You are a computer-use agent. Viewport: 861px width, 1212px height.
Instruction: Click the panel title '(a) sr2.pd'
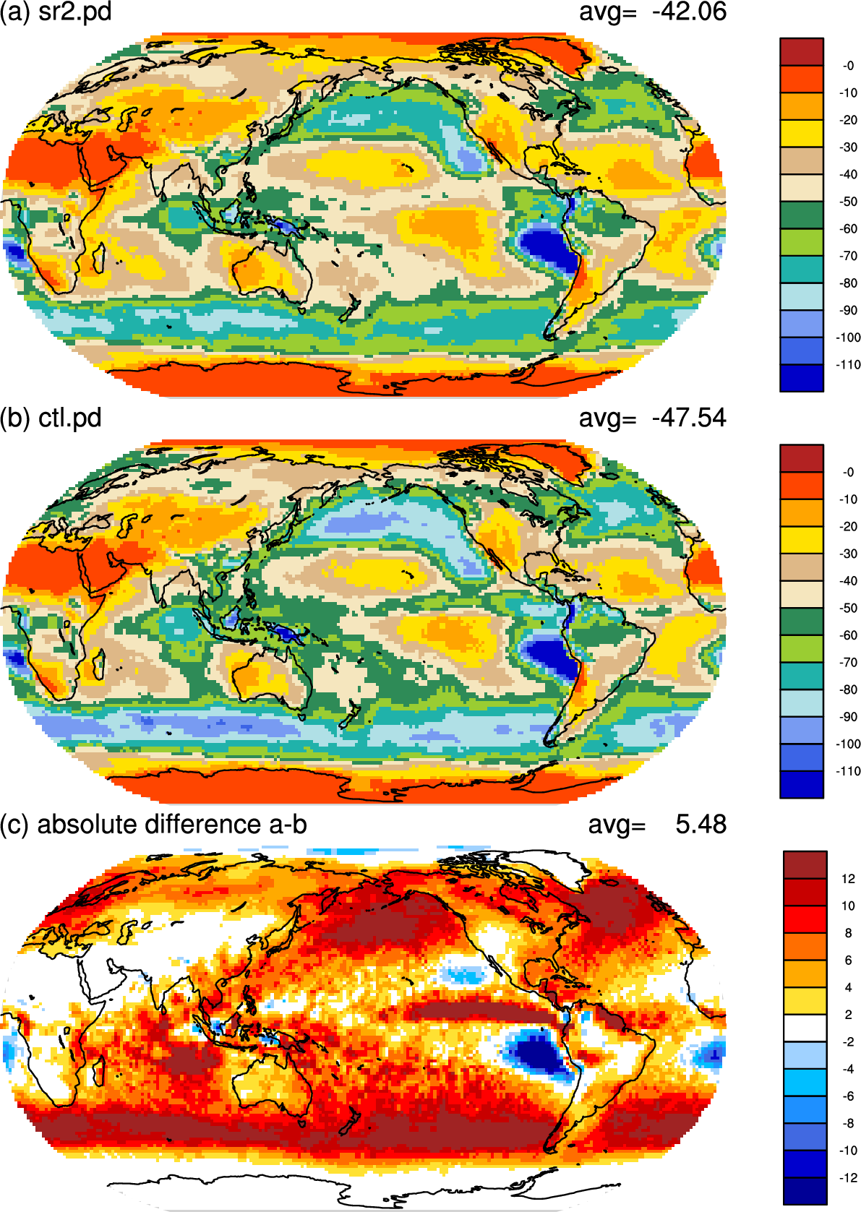pos(56,12)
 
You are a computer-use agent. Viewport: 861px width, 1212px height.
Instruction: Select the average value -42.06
pos(689,12)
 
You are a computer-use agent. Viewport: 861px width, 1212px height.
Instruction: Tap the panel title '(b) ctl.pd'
pos(51,418)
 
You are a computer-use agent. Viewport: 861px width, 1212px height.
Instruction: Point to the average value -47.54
pos(689,418)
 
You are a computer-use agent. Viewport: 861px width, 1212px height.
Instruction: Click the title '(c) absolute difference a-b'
pos(154,825)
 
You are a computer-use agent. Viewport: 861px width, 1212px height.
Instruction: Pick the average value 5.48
pos(701,825)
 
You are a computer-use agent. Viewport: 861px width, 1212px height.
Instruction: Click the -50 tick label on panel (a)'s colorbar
pos(848,202)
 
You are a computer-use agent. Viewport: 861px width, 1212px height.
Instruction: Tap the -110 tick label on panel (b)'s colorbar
pos(848,771)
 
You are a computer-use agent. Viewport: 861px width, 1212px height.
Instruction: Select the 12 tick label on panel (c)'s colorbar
pos(848,879)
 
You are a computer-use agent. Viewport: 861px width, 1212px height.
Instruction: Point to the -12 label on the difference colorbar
pos(848,1177)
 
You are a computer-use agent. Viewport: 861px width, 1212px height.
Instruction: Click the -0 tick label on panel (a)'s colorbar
pos(848,66)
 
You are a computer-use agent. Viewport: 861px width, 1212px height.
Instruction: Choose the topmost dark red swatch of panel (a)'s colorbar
pos(802,52)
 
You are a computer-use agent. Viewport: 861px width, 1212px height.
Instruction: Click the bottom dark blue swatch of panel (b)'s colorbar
pos(802,784)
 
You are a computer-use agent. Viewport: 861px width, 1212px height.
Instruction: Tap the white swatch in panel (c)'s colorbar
pos(805,1028)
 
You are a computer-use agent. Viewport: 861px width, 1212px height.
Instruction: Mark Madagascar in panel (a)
pos(98,258)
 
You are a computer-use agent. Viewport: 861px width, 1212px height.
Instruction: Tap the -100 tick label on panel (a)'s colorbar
pos(848,338)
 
